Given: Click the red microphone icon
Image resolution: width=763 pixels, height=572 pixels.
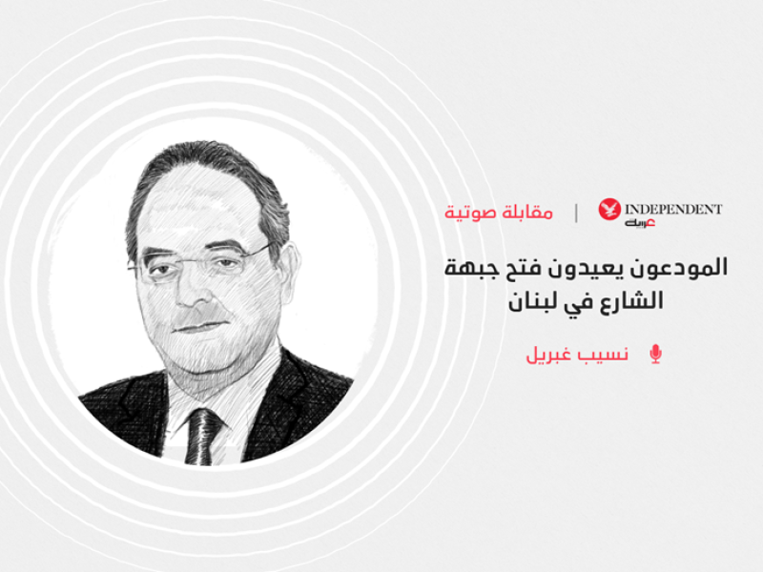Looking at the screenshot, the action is coord(655,354).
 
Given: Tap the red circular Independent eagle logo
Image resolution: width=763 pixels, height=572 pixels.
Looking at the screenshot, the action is coord(609,209).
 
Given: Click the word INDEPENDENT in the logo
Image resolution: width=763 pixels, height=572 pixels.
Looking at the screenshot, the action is coord(673,209).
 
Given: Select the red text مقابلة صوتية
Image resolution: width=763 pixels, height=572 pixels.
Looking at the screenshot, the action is coord(499,213).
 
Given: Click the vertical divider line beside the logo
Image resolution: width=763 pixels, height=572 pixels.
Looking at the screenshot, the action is coord(576,213).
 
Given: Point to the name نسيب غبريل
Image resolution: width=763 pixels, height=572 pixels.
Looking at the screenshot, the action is coord(577,355).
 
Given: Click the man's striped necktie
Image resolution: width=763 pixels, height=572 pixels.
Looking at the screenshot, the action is coord(202,437).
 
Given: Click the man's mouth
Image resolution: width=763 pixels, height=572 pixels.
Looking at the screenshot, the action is coord(198,325).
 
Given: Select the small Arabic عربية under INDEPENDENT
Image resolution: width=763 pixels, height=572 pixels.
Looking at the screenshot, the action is coord(640,223).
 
